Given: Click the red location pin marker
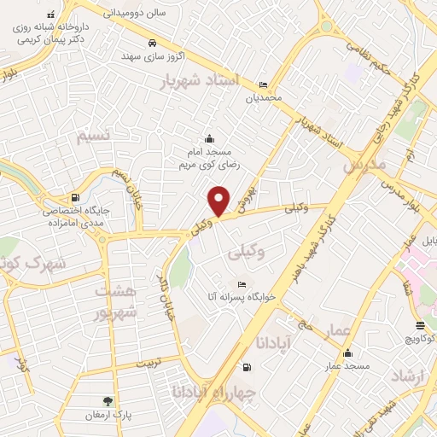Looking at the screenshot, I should (x=219, y=201).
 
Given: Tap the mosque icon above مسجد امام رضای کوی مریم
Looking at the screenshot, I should (x=209, y=139).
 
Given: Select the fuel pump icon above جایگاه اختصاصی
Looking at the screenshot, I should (x=77, y=196).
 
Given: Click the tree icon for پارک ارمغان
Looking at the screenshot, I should (x=108, y=401).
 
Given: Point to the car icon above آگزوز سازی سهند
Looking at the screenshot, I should (x=152, y=43).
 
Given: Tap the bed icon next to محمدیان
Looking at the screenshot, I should (x=263, y=84).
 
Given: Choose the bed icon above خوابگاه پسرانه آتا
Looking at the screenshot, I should (x=242, y=284).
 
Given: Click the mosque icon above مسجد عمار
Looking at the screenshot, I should (x=347, y=353).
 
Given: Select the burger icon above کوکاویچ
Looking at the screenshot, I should (x=420, y=324).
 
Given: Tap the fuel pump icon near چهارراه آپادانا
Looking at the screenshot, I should (x=248, y=368).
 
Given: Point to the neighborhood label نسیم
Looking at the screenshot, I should (x=93, y=137).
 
